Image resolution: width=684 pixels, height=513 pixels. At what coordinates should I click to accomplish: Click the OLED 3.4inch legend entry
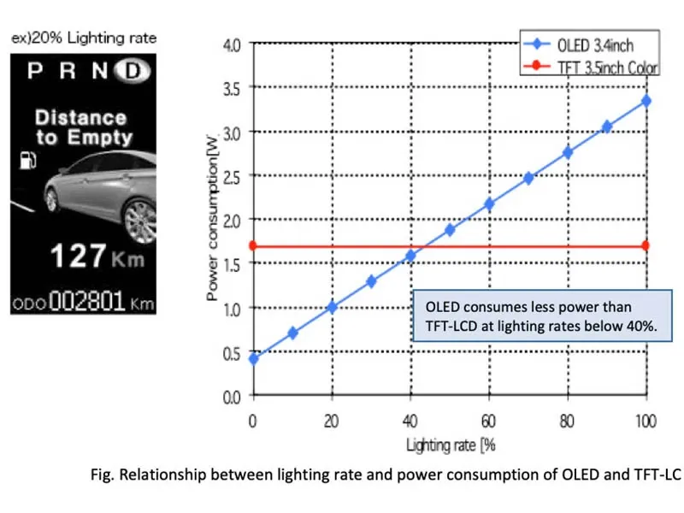589,45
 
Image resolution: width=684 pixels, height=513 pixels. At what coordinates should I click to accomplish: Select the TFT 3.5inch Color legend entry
589,68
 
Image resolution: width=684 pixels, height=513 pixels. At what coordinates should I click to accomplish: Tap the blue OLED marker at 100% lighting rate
646,101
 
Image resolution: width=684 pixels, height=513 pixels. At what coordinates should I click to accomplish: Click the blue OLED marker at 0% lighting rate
253,358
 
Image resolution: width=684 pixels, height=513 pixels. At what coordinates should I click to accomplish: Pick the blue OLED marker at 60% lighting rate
489,203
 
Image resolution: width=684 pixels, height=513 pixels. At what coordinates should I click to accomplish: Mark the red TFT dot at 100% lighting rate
646,245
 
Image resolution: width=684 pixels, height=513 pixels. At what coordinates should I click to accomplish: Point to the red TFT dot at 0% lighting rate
253,245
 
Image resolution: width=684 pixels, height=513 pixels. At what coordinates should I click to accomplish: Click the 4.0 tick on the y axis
232,43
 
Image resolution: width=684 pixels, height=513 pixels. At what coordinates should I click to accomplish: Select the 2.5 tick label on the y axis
232,175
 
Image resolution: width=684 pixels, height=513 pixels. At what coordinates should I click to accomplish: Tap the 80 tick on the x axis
567,422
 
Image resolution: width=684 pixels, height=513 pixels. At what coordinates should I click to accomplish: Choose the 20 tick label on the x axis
332,422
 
